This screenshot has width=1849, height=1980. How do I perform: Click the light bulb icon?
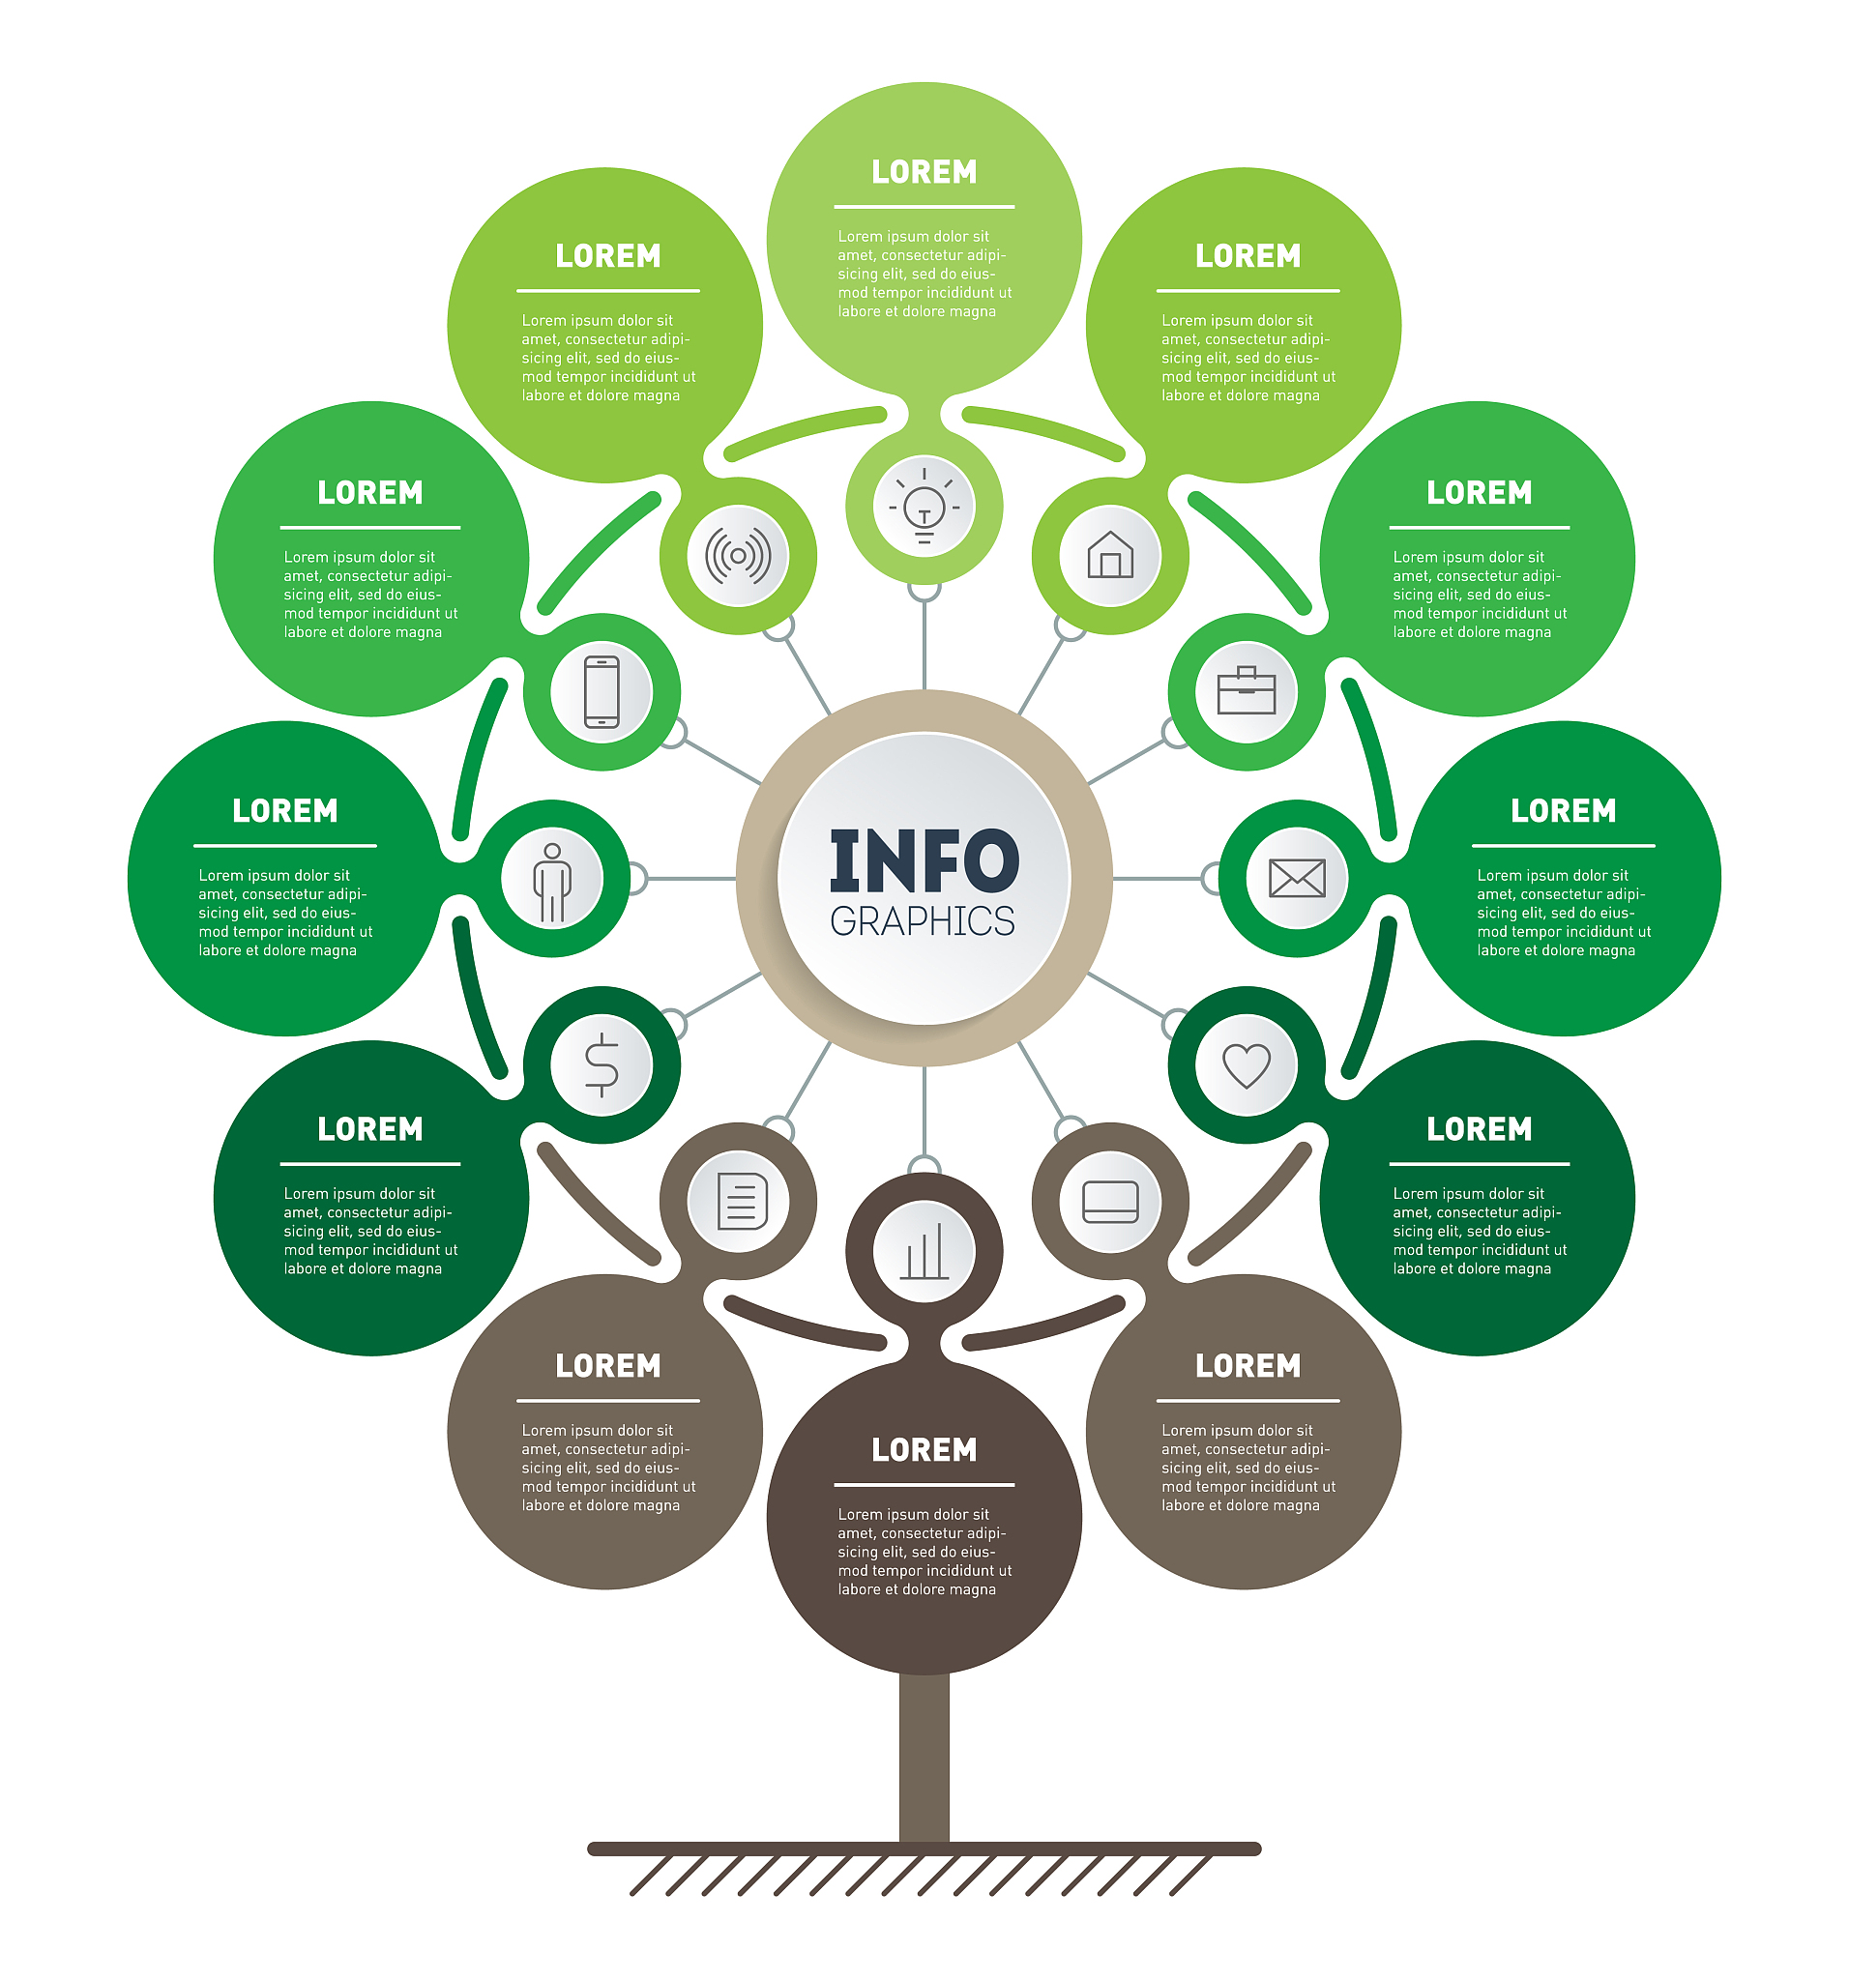[924, 506]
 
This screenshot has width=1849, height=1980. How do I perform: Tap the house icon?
[1110, 556]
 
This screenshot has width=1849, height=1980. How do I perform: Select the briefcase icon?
[1247, 691]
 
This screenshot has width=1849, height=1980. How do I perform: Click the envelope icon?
[1296, 879]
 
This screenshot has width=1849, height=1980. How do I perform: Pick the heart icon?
[1247, 1064]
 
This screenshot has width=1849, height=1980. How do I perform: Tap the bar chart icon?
[924, 1251]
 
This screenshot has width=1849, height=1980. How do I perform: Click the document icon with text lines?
[741, 1201]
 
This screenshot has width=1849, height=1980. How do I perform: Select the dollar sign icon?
[602, 1064]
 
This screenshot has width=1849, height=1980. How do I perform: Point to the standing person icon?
[552, 881]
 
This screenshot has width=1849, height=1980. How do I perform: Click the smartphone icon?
[602, 691]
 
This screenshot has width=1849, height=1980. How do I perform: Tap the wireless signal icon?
[738, 556]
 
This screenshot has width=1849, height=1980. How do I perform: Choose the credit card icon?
[1110, 1201]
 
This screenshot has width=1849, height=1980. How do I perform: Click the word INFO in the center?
[924, 860]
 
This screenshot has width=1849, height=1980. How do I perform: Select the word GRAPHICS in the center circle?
[923, 922]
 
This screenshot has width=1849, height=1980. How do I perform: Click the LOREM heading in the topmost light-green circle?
[924, 172]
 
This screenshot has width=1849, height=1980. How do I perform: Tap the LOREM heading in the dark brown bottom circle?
[924, 1450]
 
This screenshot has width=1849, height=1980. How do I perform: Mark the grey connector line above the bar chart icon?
[924, 1111]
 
